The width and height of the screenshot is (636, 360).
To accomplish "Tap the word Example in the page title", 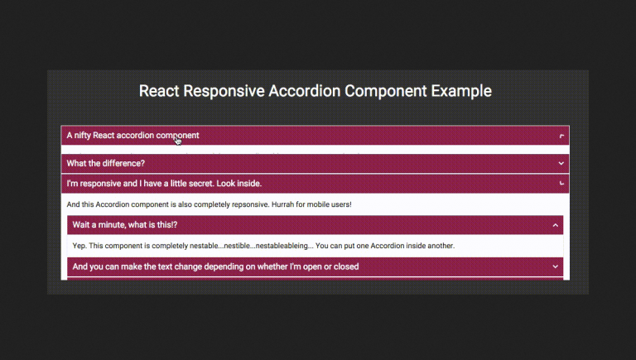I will tap(461, 91).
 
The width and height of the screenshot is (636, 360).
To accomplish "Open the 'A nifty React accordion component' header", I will tap(132, 135).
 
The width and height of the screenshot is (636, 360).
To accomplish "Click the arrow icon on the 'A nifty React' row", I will tap(561, 136).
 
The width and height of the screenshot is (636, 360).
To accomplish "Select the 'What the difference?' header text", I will tap(106, 163).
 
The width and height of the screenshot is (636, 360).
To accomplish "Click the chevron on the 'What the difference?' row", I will tap(561, 164).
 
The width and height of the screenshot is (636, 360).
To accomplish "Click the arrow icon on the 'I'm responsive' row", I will tap(561, 183).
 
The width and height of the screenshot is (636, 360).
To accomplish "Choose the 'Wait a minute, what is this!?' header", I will tap(125, 224).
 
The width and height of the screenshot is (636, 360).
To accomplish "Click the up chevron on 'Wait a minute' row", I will tap(555, 225).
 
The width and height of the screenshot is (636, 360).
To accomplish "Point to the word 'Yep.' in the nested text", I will tap(80, 246).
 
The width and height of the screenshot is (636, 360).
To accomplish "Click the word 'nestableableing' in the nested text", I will tap(283, 246).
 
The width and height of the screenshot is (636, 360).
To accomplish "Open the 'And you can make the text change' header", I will tap(215, 266).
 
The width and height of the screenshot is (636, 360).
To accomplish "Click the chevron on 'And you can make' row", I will tap(555, 266).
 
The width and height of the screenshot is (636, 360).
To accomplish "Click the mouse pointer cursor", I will tap(178, 140).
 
